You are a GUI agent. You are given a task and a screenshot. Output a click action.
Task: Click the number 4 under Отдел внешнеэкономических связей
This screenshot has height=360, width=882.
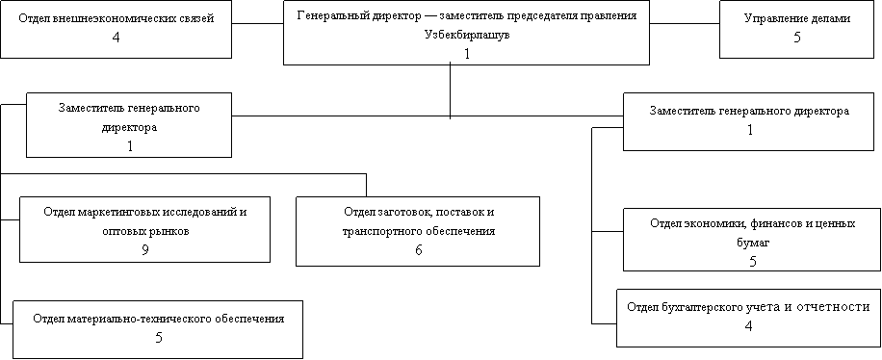coord(117,38)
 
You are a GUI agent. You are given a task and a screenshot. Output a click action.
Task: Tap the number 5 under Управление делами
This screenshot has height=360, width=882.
coord(797,38)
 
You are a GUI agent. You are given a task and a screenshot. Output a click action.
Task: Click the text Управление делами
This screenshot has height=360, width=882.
coord(797,18)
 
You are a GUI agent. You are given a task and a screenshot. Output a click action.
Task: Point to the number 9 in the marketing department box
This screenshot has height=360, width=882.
coord(145,249)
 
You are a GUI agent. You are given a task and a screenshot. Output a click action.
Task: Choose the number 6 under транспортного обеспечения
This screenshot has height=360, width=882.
coord(419,249)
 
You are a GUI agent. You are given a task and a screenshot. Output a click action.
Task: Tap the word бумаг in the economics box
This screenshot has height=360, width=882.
coord(753,243)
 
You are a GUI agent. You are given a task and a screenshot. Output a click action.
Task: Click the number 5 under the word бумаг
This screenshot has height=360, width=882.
coord(753,262)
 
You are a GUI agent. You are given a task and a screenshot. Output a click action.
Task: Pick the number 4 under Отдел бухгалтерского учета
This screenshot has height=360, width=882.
coord(748,325)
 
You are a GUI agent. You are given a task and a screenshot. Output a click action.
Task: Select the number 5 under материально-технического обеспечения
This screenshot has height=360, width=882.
coord(159,338)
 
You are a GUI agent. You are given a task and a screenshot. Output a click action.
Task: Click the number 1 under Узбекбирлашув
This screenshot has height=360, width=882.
coord(466,54)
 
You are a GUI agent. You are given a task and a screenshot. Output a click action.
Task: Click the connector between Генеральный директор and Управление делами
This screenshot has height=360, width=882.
coord(685,24)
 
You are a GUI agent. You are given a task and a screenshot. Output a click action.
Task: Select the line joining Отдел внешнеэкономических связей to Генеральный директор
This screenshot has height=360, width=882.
coord(258,24)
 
